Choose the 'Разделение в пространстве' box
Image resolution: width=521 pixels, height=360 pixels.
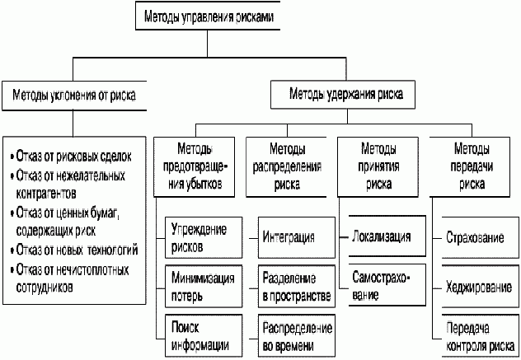(295, 283)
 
